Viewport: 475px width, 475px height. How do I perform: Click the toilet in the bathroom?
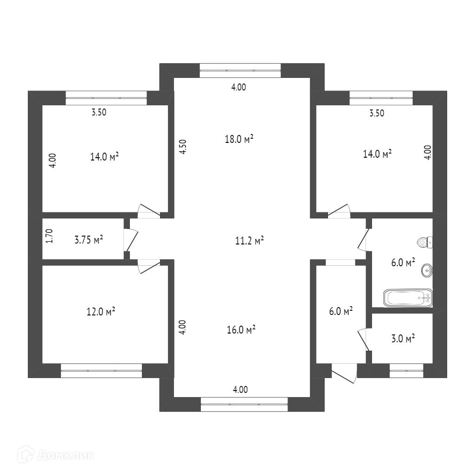click(x=425, y=242)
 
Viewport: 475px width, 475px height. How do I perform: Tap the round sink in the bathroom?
click(x=427, y=270)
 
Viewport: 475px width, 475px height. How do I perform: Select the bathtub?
click(x=408, y=298)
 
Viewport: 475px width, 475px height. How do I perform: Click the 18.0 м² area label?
click(x=239, y=139)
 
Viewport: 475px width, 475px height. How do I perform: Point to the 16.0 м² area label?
click(x=241, y=330)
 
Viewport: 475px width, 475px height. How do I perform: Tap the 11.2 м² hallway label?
click(x=249, y=241)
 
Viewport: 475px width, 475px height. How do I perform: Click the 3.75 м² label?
click(x=89, y=240)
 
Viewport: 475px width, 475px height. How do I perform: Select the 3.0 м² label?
click(x=403, y=338)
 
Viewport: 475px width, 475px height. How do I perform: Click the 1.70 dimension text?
click(x=49, y=236)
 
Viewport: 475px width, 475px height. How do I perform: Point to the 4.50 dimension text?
click(x=183, y=147)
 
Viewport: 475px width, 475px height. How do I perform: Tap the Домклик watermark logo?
click(x=56, y=455)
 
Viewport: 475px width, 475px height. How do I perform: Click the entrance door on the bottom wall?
click(x=344, y=373)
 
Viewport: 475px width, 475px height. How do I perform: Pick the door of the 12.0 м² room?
click(x=149, y=267)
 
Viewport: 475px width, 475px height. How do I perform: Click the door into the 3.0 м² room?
click(x=364, y=339)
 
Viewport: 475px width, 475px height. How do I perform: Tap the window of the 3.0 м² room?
click(x=406, y=370)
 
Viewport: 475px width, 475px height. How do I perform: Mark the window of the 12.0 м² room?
click(x=101, y=371)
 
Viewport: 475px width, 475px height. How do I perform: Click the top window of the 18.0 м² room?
click(x=240, y=71)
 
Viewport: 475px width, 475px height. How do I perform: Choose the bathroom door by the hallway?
click(x=364, y=239)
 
